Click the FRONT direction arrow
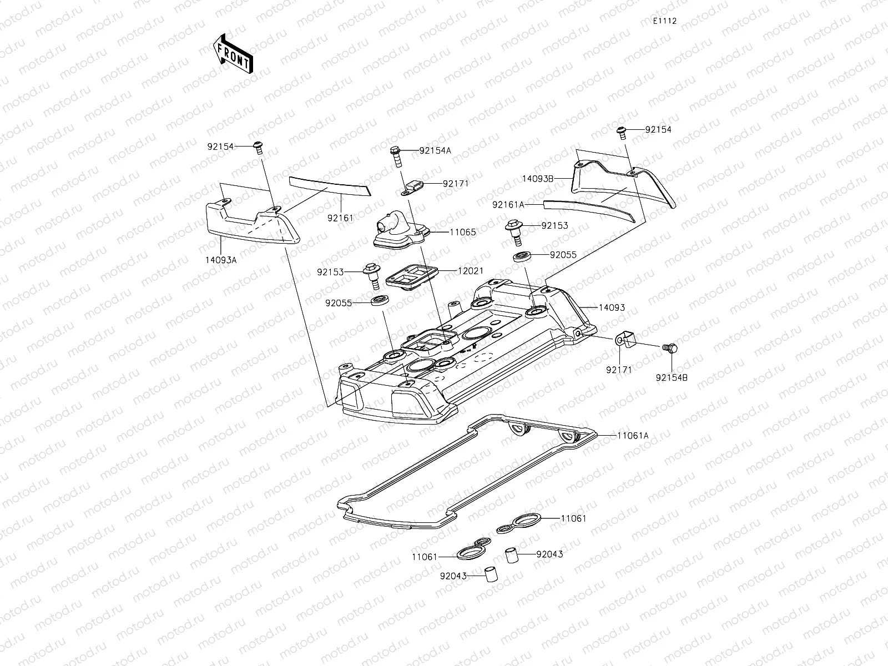pos(233,54)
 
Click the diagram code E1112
pos(664,21)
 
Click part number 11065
pos(462,233)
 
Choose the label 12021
pos(470,271)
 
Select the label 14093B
pos(538,179)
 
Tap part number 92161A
pos(508,205)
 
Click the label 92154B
pos(672,377)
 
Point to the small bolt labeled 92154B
pos(670,348)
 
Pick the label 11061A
pos(632,436)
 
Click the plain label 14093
pos(612,307)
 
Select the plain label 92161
pos(340,218)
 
